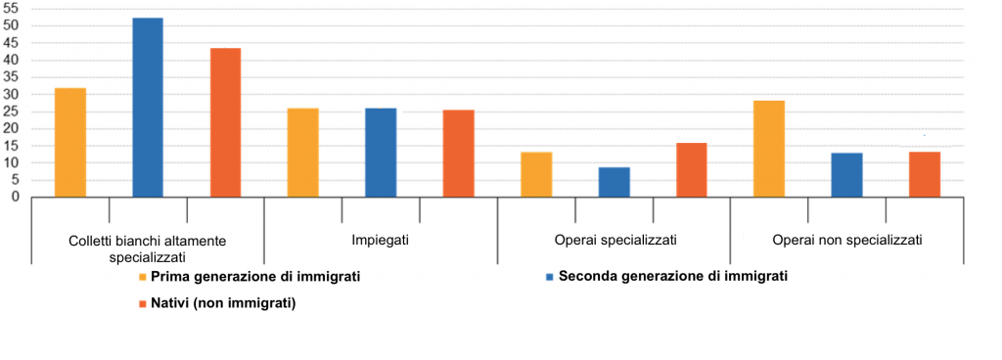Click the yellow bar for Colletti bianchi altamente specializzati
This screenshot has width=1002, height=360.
click(70, 143)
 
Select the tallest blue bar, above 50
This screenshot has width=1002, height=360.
click(148, 108)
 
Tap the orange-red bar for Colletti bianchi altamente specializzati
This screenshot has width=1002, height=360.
click(225, 122)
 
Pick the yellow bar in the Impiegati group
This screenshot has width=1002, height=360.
click(303, 153)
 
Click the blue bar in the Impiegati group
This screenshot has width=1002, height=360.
click(381, 153)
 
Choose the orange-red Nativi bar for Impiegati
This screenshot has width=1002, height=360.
click(458, 154)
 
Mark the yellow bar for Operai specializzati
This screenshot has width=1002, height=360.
click(536, 174)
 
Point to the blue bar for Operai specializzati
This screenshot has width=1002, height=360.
click(614, 182)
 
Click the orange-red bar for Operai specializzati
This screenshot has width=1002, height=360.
click(691, 170)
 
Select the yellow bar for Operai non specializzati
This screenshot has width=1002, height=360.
click(769, 149)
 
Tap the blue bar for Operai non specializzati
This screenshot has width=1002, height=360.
click(846, 175)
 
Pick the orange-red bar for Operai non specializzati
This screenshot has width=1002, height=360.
click(924, 174)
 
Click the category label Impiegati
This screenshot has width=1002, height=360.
click(381, 239)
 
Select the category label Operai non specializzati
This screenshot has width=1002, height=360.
click(846, 239)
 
